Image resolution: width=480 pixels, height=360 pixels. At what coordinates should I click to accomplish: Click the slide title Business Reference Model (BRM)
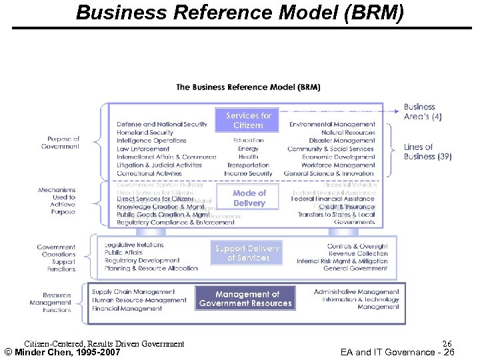[x=240, y=12]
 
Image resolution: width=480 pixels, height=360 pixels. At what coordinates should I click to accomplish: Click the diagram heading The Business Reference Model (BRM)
[x=248, y=87]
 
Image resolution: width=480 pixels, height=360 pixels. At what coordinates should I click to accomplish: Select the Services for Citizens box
[x=248, y=121]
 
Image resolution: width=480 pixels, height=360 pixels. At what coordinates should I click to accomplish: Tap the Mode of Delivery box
[x=249, y=198]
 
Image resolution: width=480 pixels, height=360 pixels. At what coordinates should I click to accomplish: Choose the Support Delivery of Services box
[x=247, y=253]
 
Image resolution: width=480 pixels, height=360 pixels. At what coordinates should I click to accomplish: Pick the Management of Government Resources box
[x=245, y=299]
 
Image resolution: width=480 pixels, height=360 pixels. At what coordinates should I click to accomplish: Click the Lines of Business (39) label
[x=427, y=152]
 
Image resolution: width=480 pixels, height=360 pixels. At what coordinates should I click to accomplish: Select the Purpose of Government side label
[x=63, y=143]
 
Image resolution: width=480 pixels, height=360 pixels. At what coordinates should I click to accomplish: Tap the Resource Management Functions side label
[x=57, y=303]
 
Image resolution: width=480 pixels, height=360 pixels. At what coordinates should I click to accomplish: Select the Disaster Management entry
[x=341, y=141]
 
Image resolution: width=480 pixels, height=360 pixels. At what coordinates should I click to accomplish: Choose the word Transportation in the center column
[x=248, y=165]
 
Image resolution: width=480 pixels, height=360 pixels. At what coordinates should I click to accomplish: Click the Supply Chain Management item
[x=133, y=292]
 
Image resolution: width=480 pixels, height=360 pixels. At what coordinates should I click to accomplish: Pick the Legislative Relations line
[x=134, y=245]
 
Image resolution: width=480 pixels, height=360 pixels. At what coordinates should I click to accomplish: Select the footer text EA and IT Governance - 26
[x=397, y=352]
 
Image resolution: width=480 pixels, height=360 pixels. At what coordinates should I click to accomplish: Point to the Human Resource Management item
[x=139, y=300]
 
